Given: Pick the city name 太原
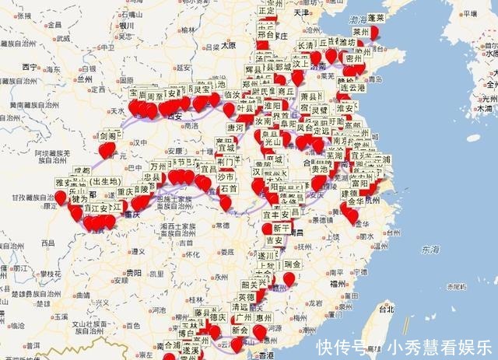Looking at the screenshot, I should pyautogui.click(x=227, y=45).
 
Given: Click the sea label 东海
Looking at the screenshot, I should pyautogui.click(x=429, y=250).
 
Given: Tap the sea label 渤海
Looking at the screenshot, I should pyautogui.click(x=359, y=19).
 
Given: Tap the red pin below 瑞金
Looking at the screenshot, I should pyautogui.click(x=289, y=278).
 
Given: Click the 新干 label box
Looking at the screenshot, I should pyautogui.click(x=282, y=228).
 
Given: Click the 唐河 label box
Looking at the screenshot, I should pyautogui.click(x=236, y=128).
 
